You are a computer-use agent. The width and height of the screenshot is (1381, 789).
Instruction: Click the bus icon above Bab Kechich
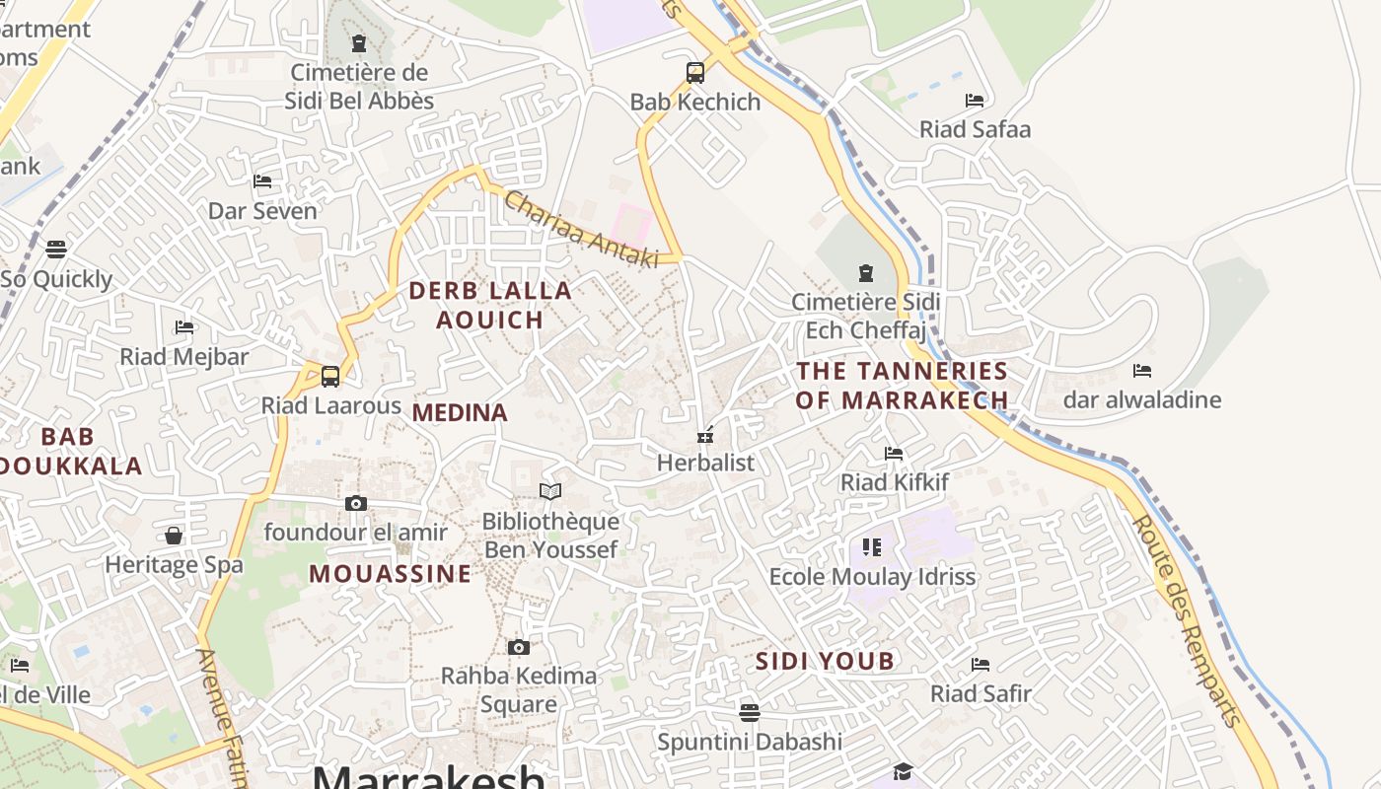coord(695,72)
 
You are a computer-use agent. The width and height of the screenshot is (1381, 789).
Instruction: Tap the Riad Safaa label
coord(975,129)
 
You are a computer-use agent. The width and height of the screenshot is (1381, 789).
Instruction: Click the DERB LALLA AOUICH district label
coord(490,305)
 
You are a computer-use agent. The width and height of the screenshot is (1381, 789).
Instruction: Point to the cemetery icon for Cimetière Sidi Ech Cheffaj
coord(866,273)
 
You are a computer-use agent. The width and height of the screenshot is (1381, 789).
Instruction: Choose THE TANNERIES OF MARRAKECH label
coord(902,386)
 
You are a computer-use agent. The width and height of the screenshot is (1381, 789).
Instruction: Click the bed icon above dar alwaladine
coord(1142,371)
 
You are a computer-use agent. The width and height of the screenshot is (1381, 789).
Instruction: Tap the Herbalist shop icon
coord(705,434)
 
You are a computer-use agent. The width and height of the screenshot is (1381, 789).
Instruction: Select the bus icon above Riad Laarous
coord(330,376)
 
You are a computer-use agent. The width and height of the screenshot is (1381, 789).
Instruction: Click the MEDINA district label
coord(460,413)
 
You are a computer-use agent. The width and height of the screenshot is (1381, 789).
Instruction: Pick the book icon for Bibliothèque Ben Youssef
coord(550,491)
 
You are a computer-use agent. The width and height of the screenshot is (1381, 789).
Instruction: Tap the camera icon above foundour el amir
coord(356,503)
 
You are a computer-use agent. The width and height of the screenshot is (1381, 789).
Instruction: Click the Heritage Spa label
coord(174,565)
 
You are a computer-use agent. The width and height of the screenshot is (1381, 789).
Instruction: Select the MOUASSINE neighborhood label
coord(391,574)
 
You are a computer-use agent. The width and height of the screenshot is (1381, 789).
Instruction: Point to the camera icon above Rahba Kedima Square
coord(519,647)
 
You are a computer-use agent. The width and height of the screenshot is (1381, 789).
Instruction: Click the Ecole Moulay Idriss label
coord(872,577)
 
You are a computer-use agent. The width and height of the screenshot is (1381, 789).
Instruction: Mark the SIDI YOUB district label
coord(825,662)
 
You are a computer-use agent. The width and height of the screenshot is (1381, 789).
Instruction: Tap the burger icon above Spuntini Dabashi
coord(750,712)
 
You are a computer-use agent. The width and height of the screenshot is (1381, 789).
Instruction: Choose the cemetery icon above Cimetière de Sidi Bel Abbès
coord(359,43)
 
